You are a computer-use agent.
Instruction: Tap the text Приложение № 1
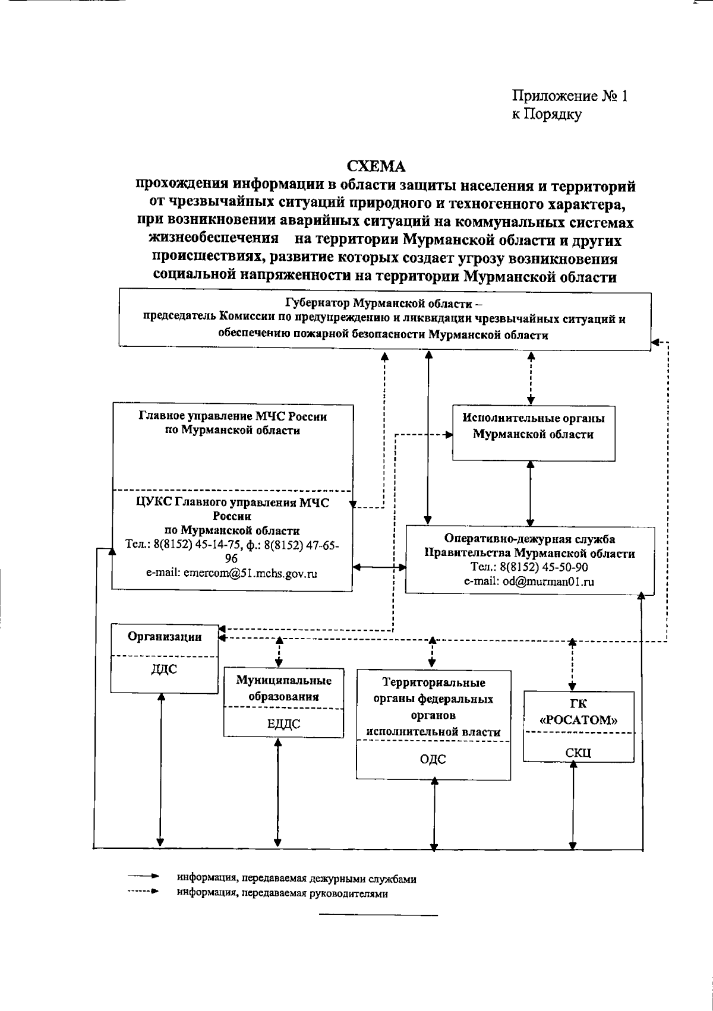(569, 96)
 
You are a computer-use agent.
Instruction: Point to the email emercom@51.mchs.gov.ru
(232, 574)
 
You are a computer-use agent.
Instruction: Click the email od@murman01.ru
(529, 582)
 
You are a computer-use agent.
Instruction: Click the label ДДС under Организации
(164, 670)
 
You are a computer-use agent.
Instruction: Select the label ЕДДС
(283, 724)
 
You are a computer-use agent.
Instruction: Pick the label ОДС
(433, 759)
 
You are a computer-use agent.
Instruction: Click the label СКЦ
(578, 753)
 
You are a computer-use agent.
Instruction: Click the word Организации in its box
(165, 637)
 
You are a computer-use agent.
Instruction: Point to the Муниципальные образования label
(283, 689)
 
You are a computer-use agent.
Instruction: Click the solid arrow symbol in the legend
(143, 876)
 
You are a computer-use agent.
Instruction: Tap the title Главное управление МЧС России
(232, 417)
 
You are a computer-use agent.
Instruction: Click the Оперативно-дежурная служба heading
(529, 539)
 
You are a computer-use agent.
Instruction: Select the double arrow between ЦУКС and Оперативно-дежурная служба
(378, 568)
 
